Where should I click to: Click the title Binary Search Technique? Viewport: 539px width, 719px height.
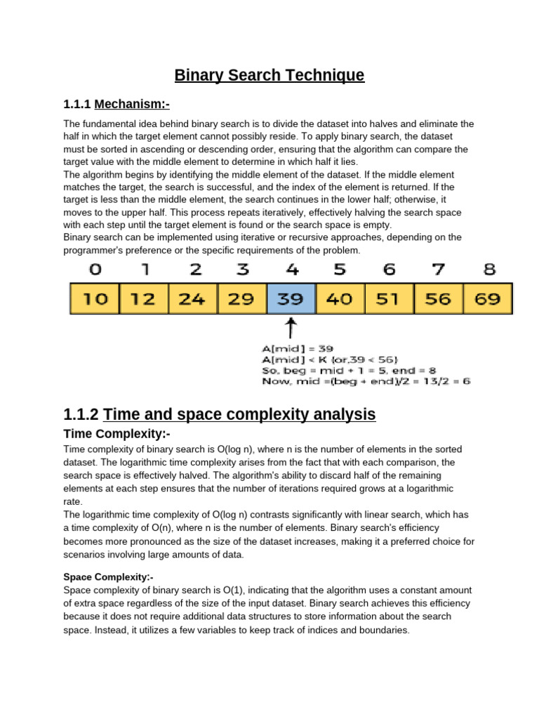pos(269,75)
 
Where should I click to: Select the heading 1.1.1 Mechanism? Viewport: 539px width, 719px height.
pos(117,105)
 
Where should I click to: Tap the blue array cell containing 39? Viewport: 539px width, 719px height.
pos(291,298)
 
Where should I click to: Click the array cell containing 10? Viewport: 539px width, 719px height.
pos(95,298)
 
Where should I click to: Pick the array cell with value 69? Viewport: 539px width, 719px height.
pos(488,298)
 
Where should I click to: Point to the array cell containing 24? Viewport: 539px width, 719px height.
pos(193,298)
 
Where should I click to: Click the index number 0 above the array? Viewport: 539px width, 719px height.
pos(95,269)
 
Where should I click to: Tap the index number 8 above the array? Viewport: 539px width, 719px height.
pos(489,269)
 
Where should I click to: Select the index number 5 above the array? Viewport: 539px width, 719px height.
pos(340,269)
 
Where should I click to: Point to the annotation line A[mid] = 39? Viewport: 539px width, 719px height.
pos(297,348)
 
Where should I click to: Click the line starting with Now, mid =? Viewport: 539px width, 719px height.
pos(366,381)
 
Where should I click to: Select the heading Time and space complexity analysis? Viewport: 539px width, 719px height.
pos(220,414)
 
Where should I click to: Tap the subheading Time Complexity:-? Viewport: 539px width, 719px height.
pos(117,433)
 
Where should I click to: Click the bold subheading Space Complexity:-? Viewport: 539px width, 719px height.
pos(108,577)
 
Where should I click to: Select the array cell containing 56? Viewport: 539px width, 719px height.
pos(439,298)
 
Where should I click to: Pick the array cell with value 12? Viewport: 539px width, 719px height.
pos(144,298)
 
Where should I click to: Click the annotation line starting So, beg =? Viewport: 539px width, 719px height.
pos(340,370)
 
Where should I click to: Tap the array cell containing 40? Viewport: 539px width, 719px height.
pos(340,298)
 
